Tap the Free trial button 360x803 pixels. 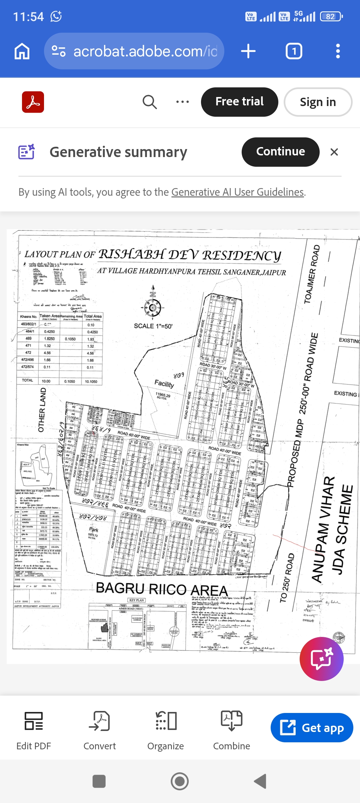click(239, 102)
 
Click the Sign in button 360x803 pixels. click(318, 102)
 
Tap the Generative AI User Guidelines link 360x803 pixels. click(237, 192)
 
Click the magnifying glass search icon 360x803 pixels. click(150, 102)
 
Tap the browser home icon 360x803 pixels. click(22, 51)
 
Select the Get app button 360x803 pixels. click(312, 728)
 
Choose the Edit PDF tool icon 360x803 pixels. click(34, 721)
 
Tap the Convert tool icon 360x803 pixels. click(99, 721)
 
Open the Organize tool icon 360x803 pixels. click(166, 721)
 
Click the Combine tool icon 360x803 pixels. click(232, 721)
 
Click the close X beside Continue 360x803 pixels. click(334, 152)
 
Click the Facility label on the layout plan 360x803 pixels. click(164, 383)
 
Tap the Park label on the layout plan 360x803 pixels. click(94, 530)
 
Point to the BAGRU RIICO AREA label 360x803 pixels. click(162, 589)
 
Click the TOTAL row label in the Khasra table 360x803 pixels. click(27, 380)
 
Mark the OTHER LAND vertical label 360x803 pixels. click(42, 410)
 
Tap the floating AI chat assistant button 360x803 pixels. click(321, 659)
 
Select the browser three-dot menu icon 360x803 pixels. click(338, 51)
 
